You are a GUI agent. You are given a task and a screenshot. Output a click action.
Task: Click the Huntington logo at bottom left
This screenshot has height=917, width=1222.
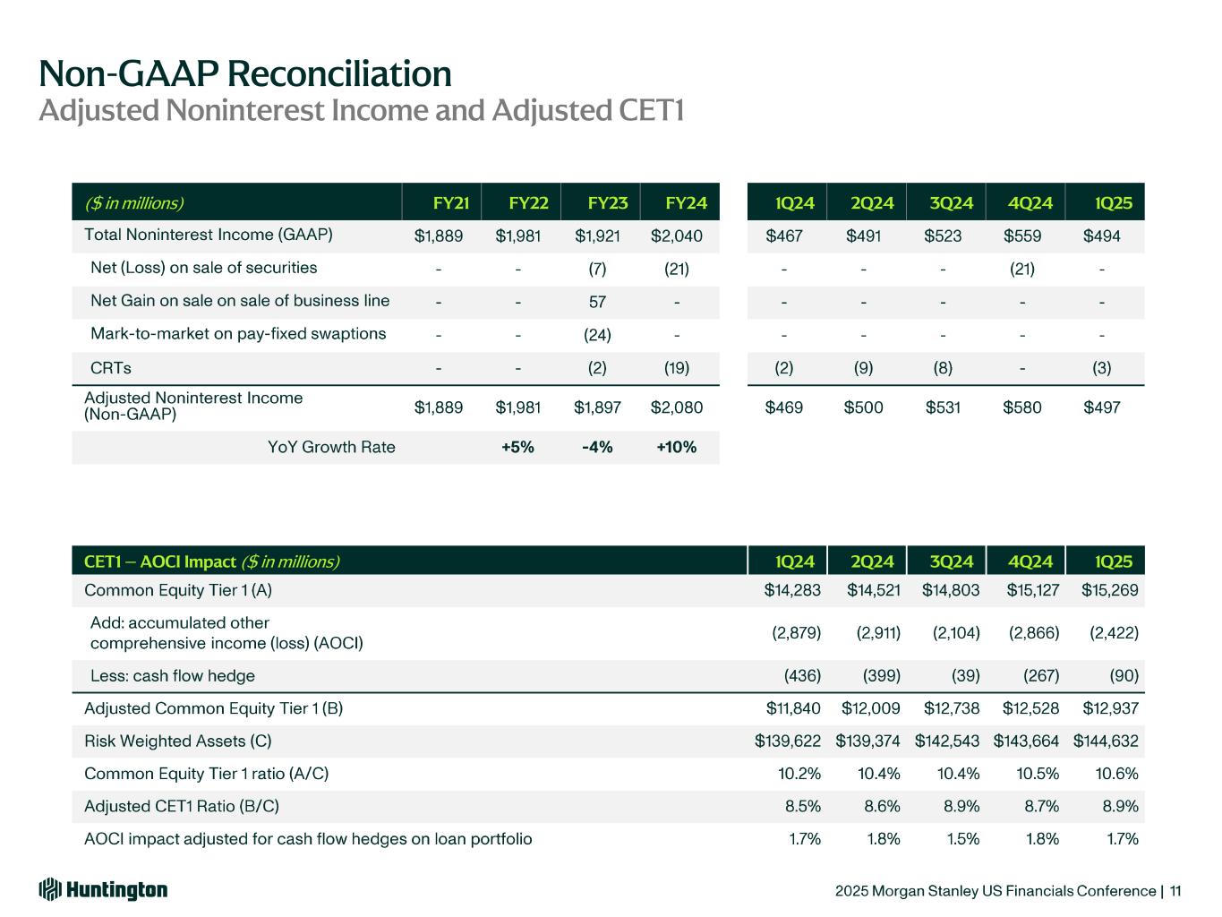(103, 889)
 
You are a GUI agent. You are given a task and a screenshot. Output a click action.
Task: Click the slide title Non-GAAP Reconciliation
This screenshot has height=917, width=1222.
(245, 73)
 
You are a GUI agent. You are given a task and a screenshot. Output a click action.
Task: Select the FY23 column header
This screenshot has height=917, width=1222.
(608, 203)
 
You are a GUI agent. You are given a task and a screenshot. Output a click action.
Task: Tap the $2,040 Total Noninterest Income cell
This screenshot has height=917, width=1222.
(677, 236)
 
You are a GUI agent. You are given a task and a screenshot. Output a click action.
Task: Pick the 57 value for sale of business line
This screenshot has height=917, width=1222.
(597, 302)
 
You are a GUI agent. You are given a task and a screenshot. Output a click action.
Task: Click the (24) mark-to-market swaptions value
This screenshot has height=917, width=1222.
(597, 335)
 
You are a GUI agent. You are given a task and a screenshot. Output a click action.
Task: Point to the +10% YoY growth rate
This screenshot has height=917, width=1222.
(677, 447)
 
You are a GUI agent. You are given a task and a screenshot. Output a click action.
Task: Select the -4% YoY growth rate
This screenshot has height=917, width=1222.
(597, 447)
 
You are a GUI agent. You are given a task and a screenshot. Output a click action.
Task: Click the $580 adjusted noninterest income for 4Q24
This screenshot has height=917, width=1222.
(1021, 407)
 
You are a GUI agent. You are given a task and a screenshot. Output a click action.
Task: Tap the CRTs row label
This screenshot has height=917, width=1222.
(111, 367)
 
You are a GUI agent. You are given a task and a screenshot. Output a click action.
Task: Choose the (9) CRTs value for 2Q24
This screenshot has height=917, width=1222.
(863, 367)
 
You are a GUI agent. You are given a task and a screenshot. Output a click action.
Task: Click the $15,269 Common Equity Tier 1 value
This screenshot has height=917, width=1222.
(1110, 590)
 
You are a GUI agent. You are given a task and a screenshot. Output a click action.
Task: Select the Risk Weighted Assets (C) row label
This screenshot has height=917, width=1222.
(177, 741)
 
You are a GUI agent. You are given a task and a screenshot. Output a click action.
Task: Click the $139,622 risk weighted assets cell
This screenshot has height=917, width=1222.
(788, 741)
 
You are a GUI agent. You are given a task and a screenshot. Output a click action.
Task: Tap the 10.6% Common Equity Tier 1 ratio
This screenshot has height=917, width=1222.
(1117, 774)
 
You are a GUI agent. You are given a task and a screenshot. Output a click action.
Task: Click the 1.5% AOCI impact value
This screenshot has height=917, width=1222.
(961, 839)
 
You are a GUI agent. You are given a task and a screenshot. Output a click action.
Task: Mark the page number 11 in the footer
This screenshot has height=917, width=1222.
(1175, 891)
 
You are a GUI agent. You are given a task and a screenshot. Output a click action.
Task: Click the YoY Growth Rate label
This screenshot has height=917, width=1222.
(331, 447)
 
